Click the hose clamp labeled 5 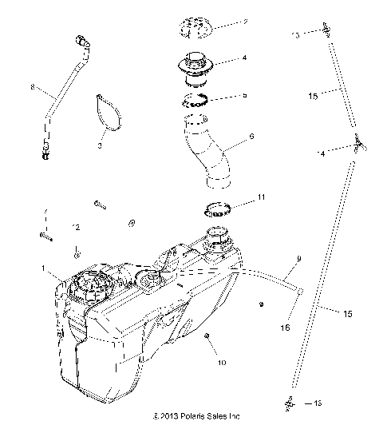coord(195,99)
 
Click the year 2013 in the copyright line coord(166,416)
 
